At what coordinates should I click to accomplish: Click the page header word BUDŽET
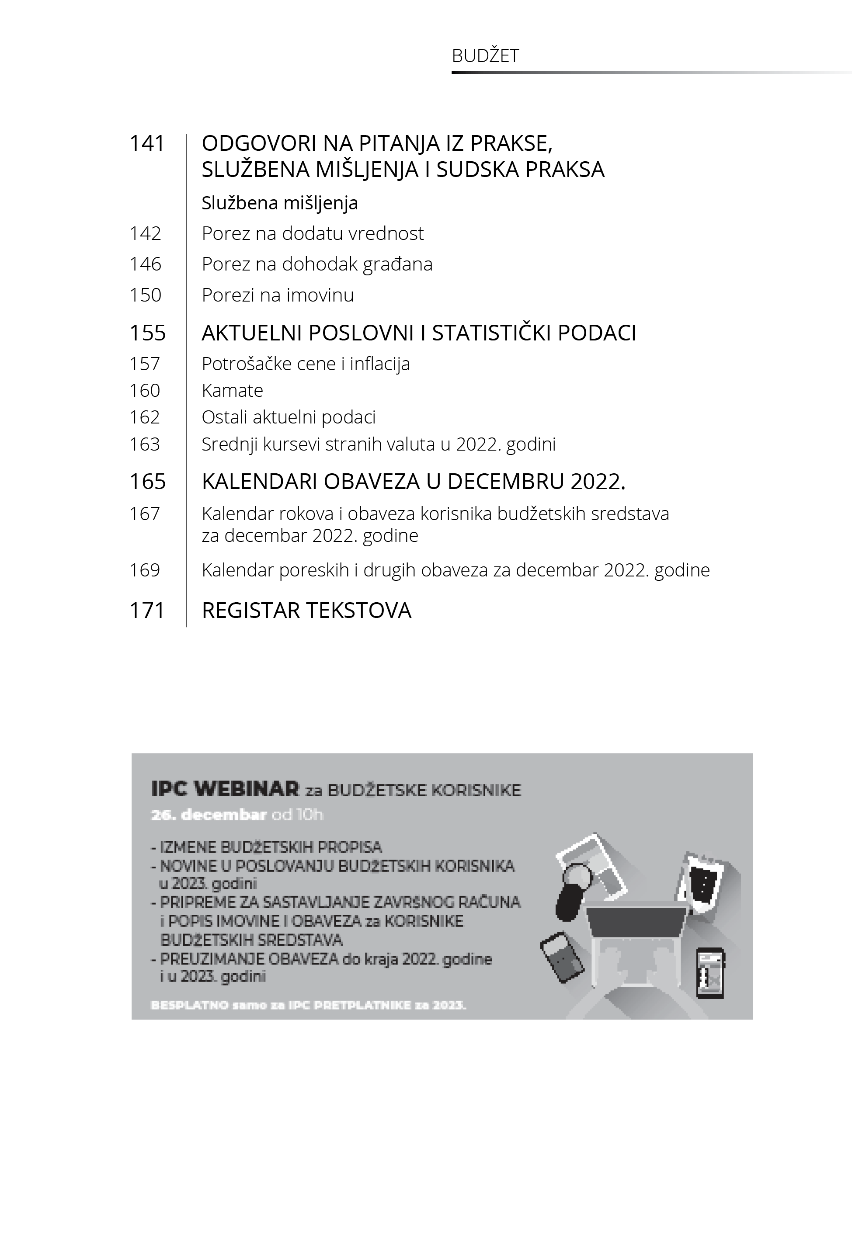pyautogui.click(x=485, y=56)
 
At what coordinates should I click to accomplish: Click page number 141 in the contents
pyautogui.click(x=147, y=143)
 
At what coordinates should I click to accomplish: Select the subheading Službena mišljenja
pyautogui.click(x=280, y=203)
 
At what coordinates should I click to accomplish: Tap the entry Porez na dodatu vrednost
pyautogui.click(x=312, y=234)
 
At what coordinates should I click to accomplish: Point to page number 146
pyautogui.click(x=145, y=264)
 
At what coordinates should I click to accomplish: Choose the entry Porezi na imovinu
pyautogui.click(x=278, y=295)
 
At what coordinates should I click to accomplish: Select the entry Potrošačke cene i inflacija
pyautogui.click(x=306, y=364)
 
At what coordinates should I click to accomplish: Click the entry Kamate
pyautogui.click(x=232, y=391)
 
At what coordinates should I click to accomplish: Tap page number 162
pyautogui.click(x=145, y=417)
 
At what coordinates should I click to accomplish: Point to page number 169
pyautogui.click(x=145, y=570)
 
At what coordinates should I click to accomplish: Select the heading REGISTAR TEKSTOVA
pyautogui.click(x=306, y=611)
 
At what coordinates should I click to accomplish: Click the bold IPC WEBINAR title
pyautogui.click(x=225, y=789)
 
